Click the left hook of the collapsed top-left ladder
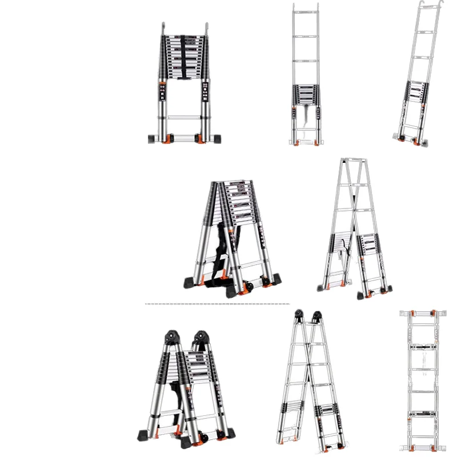162,29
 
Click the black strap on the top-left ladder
183,57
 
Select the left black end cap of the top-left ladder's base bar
153,139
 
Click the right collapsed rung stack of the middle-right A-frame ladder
369,246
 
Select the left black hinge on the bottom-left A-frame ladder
171,336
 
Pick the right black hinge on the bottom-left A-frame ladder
200,336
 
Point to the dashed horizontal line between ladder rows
217,303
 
